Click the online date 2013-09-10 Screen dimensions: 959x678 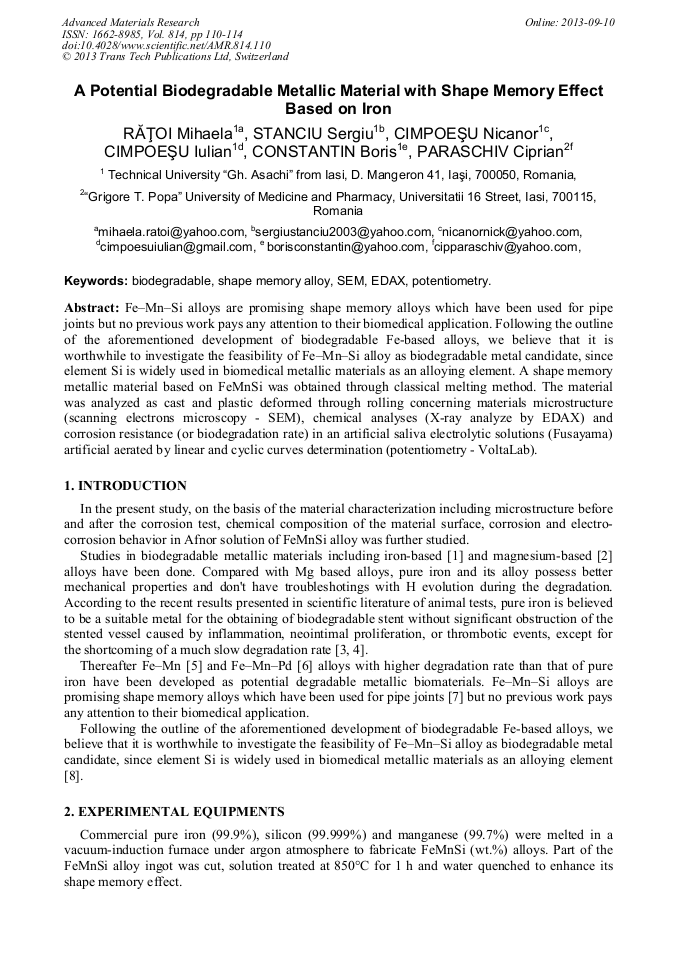click(x=585, y=22)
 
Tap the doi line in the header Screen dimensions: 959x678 click(x=166, y=45)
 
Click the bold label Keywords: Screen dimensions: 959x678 click(x=96, y=282)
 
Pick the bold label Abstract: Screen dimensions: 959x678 click(x=92, y=308)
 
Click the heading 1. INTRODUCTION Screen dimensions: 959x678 click(x=125, y=486)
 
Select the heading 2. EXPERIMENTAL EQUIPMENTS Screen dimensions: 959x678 click(x=174, y=811)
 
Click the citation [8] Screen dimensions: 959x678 click(x=72, y=776)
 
